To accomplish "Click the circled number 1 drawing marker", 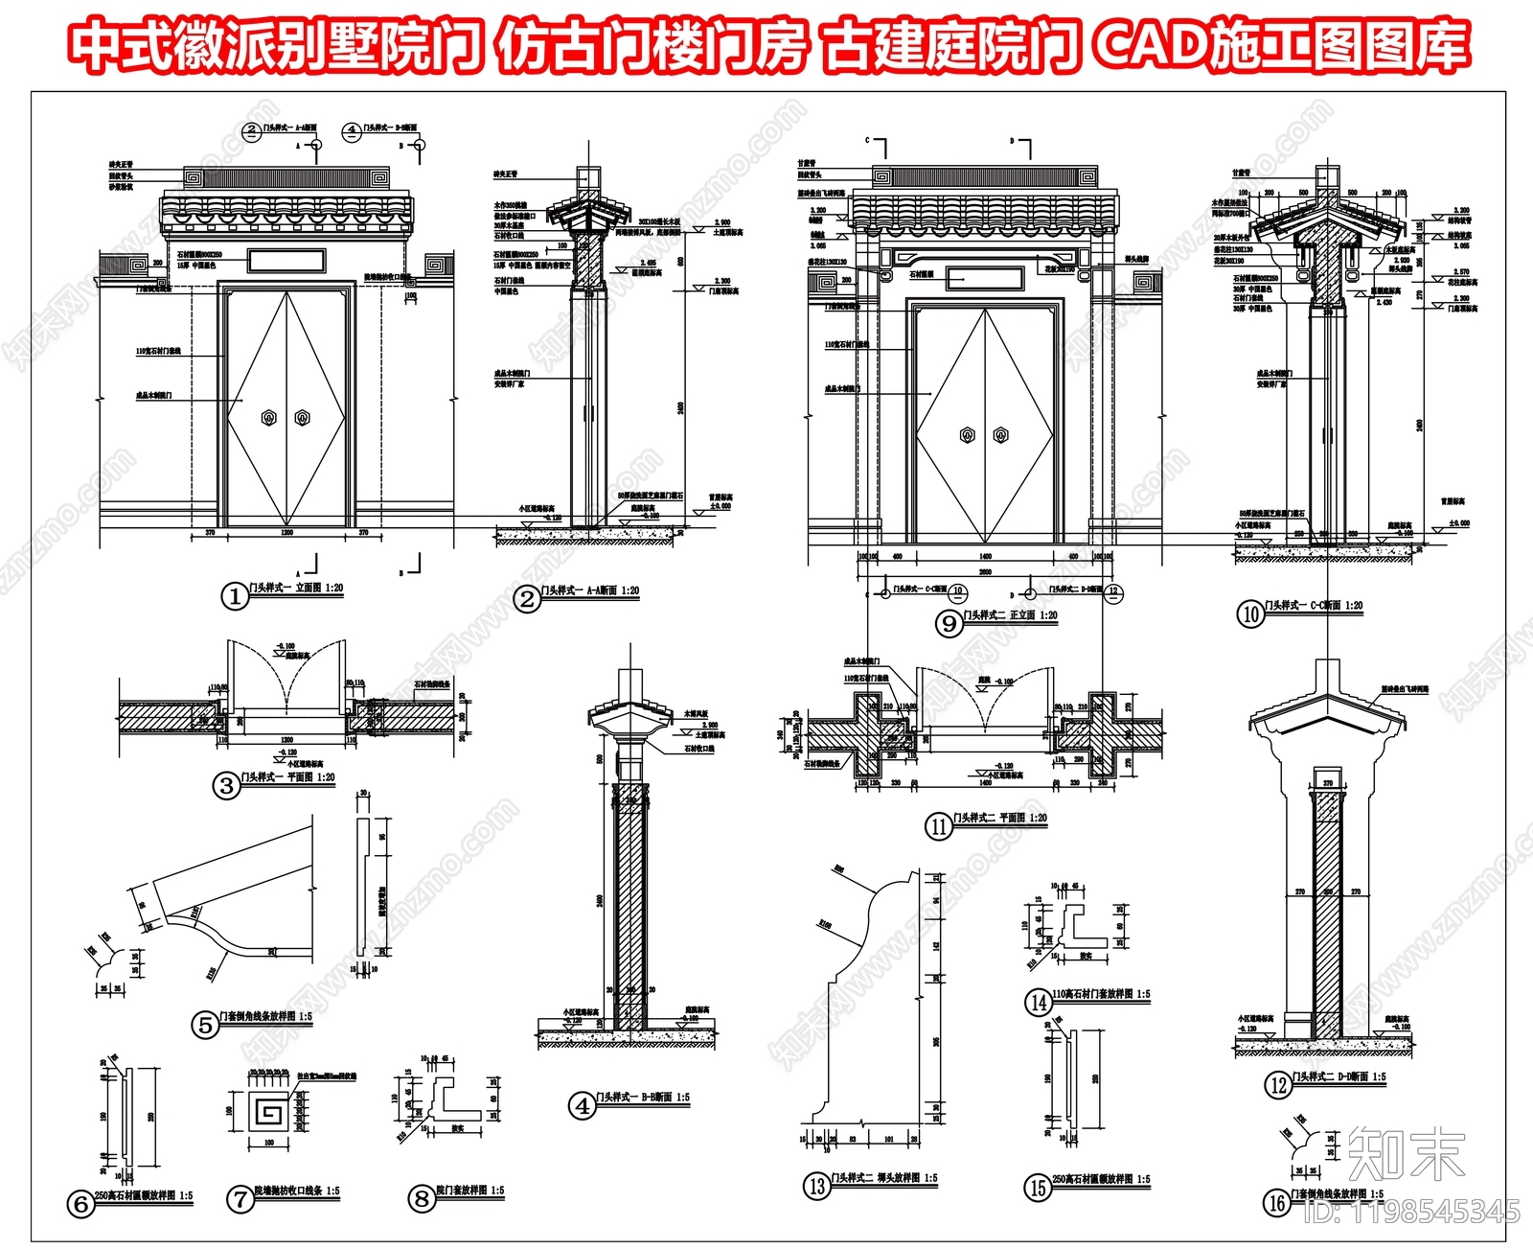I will [x=235, y=596].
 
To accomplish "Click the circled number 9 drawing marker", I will [x=949, y=624].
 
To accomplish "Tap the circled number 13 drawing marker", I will [x=816, y=1186].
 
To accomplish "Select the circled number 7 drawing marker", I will [x=240, y=1198].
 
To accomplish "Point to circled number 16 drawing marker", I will [x=1277, y=1202].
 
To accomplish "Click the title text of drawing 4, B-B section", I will [x=642, y=1098].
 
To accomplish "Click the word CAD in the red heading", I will [x=1149, y=45].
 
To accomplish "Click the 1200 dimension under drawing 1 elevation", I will [x=286, y=531].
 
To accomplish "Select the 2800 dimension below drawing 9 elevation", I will [x=985, y=572].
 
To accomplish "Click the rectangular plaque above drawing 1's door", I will [x=286, y=259].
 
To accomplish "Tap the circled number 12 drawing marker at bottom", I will [x=1278, y=1085].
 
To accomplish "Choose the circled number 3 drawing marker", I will [x=226, y=786].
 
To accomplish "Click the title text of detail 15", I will [x=1101, y=1180].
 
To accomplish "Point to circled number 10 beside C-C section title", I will [x=1251, y=614].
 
